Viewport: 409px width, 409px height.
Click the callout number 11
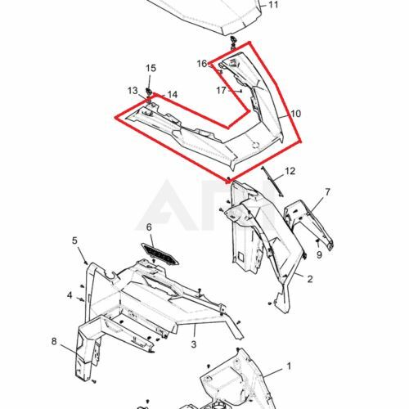click(x=273, y=5)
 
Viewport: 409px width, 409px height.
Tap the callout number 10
click(x=295, y=113)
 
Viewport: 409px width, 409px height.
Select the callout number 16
click(x=201, y=63)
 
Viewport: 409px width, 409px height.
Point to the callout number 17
click(x=221, y=90)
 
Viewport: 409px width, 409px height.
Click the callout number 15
click(x=151, y=67)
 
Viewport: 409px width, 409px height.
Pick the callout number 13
click(x=132, y=90)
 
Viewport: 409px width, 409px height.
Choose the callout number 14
click(x=172, y=95)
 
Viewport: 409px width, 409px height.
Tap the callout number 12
click(x=290, y=172)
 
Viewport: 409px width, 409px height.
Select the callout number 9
click(x=320, y=254)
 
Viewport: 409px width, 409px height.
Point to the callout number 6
click(x=149, y=227)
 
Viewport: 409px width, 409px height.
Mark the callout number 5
click(x=74, y=240)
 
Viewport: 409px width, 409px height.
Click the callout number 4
click(x=70, y=295)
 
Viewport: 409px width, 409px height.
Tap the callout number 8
click(x=54, y=341)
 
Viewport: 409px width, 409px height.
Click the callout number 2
click(x=309, y=279)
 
